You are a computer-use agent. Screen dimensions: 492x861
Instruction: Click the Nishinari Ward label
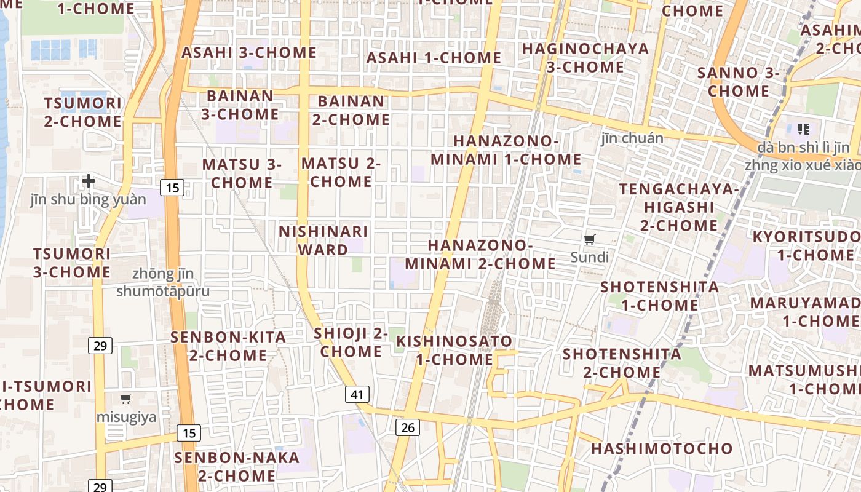(x=323, y=240)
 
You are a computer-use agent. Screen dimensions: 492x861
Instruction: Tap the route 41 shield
(x=357, y=394)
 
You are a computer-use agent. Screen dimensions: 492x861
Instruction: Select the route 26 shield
(x=407, y=427)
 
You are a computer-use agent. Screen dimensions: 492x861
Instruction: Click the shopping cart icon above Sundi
(x=590, y=239)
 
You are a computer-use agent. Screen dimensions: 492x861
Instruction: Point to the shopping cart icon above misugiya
(x=126, y=399)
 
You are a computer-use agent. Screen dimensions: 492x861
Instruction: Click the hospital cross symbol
(x=89, y=181)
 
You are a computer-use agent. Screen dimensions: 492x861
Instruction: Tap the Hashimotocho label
(x=662, y=448)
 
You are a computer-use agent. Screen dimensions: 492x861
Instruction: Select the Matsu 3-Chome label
(x=242, y=173)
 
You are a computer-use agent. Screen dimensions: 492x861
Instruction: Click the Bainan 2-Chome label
(x=351, y=110)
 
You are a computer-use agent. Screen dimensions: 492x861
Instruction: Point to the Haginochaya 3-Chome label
(x=585, y=58)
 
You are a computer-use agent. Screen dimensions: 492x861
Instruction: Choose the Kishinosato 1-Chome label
(x=454, y=350)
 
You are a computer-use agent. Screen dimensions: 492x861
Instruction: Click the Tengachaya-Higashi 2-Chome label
(x=679, y=207)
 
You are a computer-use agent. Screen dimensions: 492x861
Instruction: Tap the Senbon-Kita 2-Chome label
(x=228, y=346)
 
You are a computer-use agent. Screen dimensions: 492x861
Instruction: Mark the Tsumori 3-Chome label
(x=72, y=263)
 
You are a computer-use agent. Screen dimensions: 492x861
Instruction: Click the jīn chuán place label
(x=632, y=138)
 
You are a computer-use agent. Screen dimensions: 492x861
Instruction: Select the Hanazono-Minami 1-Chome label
(x=506, y=150)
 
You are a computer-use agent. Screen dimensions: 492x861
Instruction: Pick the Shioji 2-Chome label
(x=351, y=342)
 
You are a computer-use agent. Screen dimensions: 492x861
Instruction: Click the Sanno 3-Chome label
(x=738, y=82)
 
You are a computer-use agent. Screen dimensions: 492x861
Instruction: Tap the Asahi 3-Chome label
(x=249, y=52)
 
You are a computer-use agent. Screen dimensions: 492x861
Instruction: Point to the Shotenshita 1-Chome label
(x=660, y=296)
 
